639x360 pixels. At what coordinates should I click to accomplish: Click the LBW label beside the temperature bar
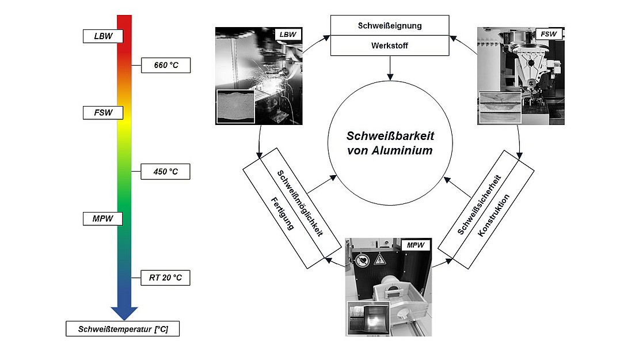click(x=103, y=36)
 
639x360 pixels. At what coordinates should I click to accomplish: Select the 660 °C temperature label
click(x=166, y=66)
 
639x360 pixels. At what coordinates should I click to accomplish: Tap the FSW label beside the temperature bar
click(x=103, y=112)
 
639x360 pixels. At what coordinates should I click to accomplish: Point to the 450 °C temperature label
click(x=166, y=171)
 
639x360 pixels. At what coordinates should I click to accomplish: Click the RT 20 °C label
click(x=166, y=278)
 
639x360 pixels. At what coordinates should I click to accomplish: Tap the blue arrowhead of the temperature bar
click(x=124, y=312)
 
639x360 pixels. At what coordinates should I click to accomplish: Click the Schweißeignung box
click(x=390, y=25)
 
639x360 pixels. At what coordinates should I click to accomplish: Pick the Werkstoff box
click(x=390, y=46)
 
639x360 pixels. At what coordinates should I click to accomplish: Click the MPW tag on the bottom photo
click(x=415, y=245)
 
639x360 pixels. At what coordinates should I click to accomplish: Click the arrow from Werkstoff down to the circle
click(x=390, y=69)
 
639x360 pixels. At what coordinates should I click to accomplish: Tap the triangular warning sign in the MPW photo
click(x=380, y=260)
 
